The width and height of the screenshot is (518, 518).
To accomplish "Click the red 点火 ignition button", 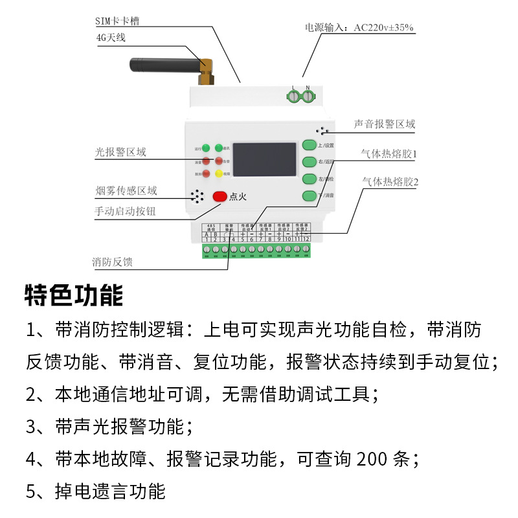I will (220, 196).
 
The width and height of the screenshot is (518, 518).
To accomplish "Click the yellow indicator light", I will (219, 174).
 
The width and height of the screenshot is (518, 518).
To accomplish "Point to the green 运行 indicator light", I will (205, 148).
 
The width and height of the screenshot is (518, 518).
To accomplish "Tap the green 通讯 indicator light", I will (219, 148).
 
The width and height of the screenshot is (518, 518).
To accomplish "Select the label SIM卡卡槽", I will (117, 21).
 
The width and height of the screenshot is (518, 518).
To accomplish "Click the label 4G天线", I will (110, 38).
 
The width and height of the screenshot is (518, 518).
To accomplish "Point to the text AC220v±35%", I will (383, 28).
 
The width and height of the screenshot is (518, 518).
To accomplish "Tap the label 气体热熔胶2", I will (390, 182).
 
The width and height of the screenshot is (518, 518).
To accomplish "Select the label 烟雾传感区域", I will (126, 191).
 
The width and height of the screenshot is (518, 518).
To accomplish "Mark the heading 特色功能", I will (73, 295).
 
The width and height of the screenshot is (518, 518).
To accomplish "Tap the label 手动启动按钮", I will (125, 211).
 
